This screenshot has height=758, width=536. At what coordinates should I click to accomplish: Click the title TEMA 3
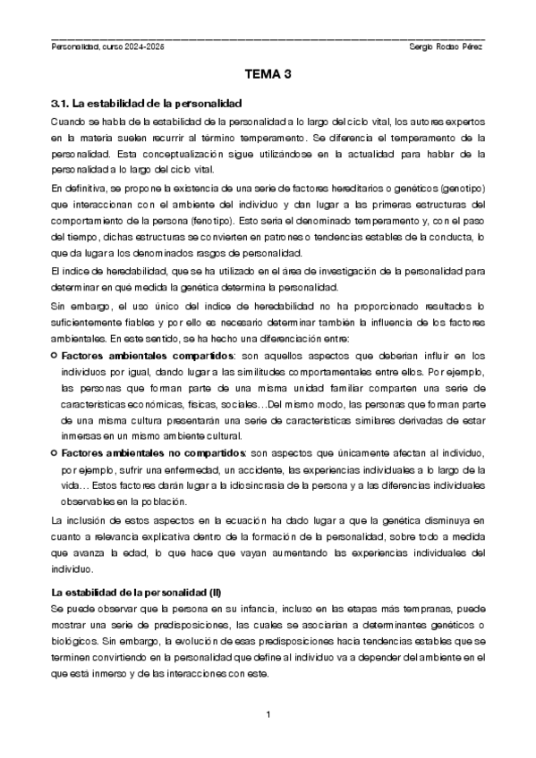[268, 77]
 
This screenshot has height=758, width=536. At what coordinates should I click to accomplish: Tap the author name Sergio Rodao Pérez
[445, 46]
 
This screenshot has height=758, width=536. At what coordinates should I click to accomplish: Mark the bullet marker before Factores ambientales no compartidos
[54, 455]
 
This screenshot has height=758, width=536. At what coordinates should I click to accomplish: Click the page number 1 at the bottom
[268, 714]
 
